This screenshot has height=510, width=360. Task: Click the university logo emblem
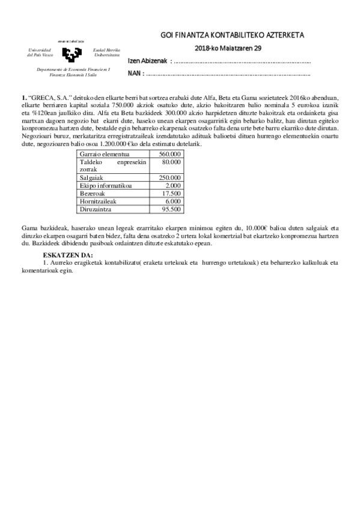(x=71, y=52)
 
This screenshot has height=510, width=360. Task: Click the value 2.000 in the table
(x=173, y=185)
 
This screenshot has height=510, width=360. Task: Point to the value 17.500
(x=171, y=193)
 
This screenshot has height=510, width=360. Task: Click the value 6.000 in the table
(x=173, y=201)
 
